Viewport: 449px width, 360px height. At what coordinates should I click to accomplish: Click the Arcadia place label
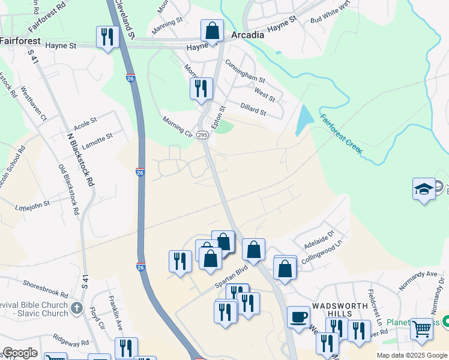pos(248,35)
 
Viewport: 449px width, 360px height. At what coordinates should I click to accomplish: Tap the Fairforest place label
pos(20,41)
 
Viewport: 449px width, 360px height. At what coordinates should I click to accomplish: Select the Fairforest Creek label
pos(342,134)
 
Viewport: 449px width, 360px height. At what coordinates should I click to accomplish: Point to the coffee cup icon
pos(298,316)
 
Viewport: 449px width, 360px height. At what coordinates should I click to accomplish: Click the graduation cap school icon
pos(424,188)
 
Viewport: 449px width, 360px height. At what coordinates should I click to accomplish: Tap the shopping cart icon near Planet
pos(422,328)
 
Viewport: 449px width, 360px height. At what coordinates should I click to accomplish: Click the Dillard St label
pos(253,109)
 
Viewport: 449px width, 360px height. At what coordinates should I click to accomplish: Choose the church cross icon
pos(76,308)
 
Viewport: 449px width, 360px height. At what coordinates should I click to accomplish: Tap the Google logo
pos(19,353)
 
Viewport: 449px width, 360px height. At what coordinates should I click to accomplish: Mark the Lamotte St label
pos(97,139)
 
